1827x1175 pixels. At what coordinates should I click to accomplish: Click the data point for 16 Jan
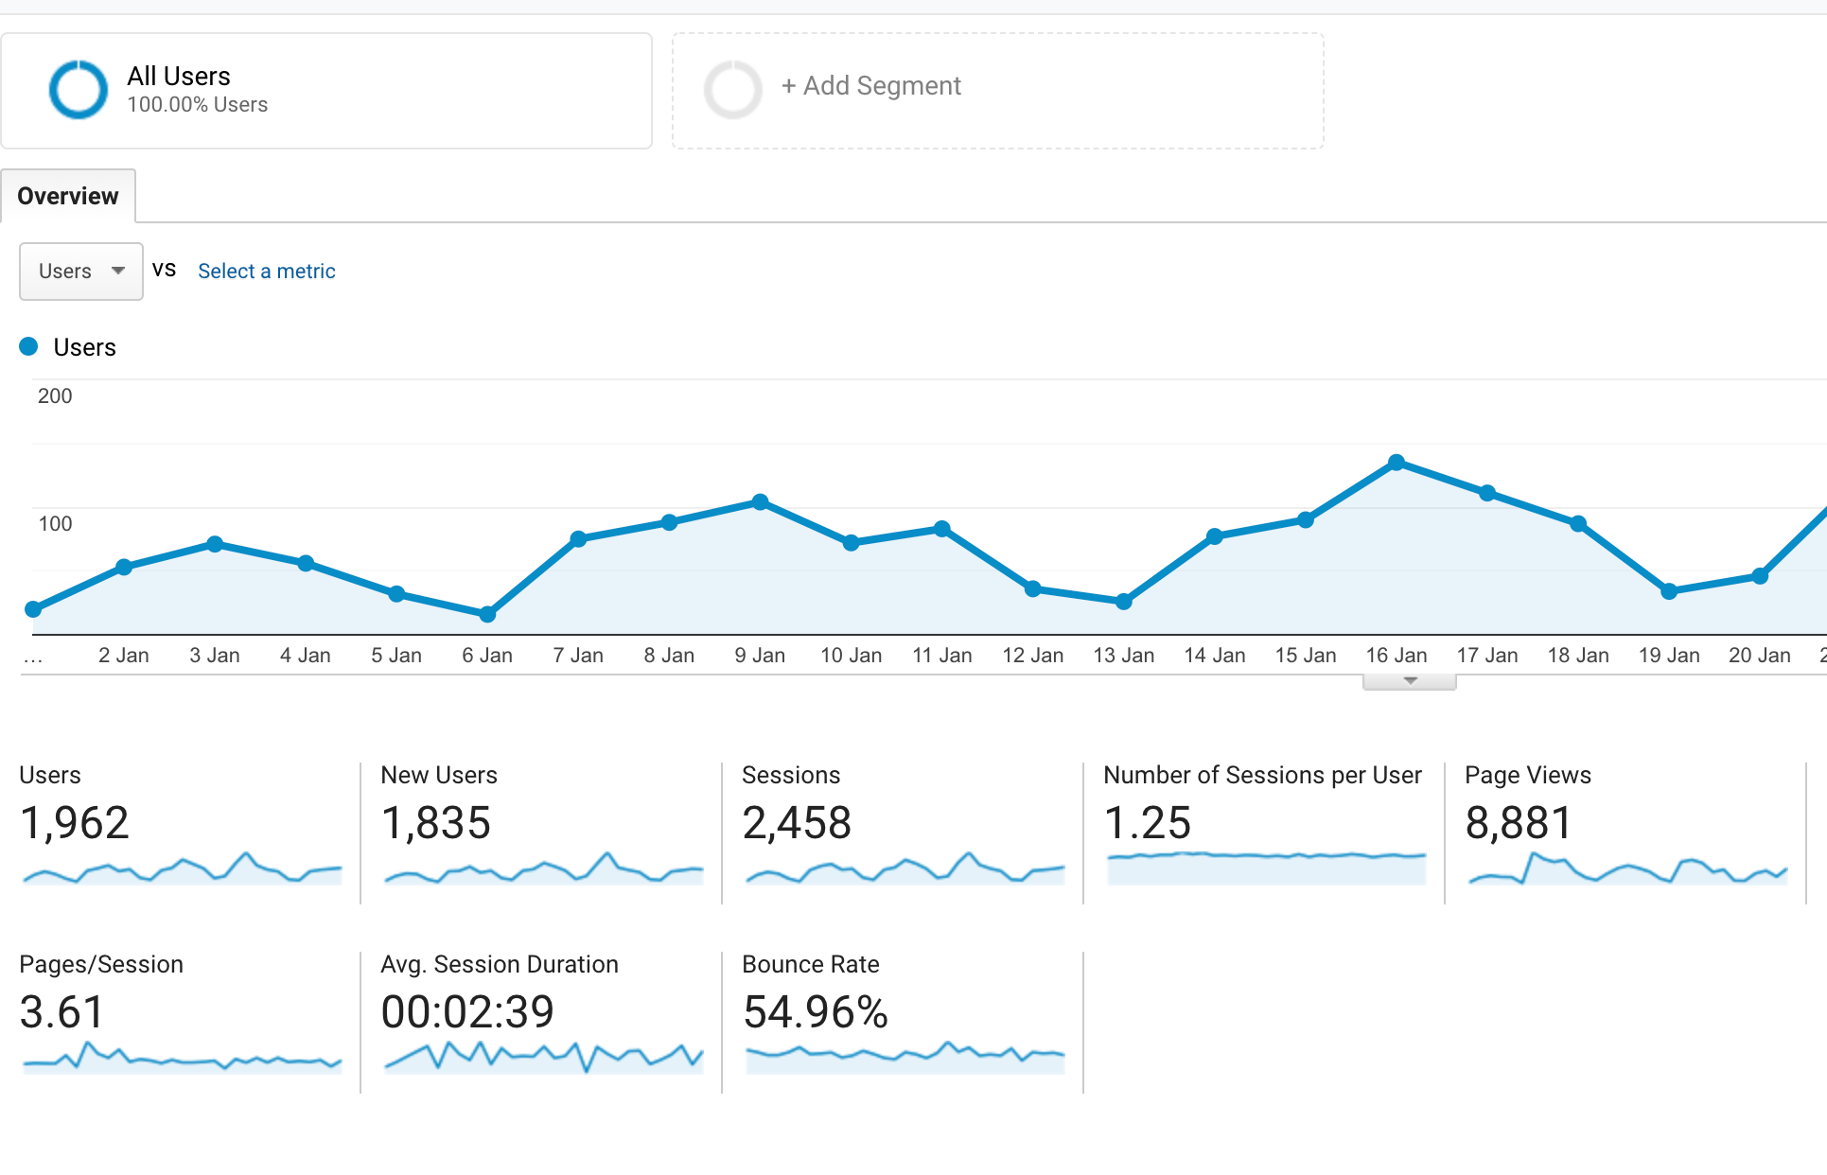1397,463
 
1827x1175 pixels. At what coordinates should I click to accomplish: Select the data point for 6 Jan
487,614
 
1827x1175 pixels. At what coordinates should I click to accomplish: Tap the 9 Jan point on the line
760,501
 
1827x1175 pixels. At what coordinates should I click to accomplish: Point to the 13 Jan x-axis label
1123,655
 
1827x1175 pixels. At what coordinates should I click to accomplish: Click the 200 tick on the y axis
55,395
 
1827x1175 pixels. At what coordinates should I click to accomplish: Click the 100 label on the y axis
55,523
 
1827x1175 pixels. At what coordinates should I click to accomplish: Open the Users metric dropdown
81,272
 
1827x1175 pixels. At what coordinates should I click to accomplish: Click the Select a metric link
266,272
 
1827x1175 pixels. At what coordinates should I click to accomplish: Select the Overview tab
68,196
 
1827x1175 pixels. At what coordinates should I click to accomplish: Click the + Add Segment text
871,86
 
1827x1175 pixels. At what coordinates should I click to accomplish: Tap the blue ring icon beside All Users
78,90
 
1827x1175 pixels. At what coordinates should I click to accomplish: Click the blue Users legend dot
29,346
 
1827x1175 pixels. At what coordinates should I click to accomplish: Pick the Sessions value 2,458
797,822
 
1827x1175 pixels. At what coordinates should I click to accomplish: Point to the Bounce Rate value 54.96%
815,1011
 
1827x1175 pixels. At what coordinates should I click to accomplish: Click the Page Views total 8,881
1518,822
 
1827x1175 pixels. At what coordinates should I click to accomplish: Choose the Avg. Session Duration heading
500,964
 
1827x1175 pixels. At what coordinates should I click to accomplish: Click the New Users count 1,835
435,822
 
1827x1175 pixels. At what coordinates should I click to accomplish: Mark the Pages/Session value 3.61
61,1011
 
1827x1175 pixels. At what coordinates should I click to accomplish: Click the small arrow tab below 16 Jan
1410,681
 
